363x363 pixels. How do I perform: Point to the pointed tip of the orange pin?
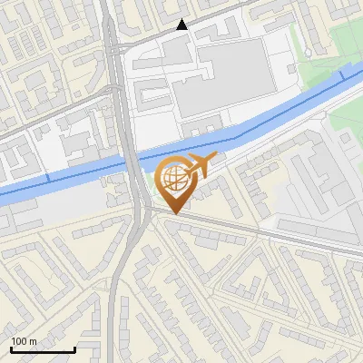coord(174,213)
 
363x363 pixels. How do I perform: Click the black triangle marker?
coord(182,25)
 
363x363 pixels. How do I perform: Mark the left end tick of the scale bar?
coord(11,348)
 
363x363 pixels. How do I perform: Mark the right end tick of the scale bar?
coord(74,348)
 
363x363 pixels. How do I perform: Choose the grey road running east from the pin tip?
coord(272,234)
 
